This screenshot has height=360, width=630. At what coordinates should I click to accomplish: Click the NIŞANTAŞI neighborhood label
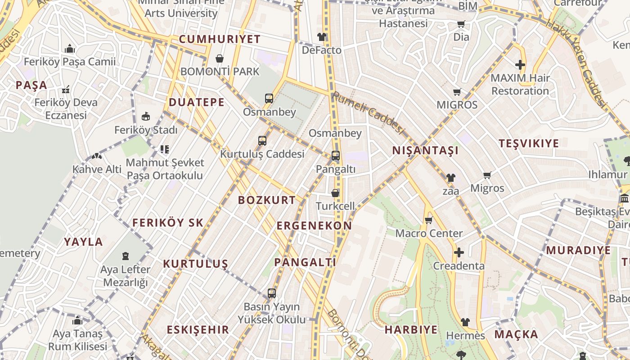425,150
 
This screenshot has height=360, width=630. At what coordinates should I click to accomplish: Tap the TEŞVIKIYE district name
529,144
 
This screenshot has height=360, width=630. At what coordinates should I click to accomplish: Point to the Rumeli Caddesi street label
369,112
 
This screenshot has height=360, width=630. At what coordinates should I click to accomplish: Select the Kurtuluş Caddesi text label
262,154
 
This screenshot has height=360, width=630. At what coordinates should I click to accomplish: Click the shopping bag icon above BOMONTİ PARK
220,58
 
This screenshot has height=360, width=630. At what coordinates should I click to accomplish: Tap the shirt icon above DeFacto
321,37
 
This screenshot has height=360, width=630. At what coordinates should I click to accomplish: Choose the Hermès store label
465,336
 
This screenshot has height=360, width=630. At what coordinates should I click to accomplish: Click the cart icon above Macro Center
428,220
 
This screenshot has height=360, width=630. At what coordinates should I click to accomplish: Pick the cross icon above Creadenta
459,252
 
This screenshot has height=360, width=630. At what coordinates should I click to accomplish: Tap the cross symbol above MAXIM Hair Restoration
520,65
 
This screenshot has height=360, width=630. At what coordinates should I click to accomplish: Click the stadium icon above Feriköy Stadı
146,117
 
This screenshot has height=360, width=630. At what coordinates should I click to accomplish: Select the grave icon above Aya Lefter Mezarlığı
126,256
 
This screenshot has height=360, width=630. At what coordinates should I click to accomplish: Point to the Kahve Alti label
97,169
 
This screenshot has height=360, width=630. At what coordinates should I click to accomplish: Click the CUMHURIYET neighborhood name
220,39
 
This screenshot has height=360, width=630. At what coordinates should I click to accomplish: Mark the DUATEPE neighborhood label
197,102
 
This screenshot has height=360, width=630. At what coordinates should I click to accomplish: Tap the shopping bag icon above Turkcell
335,193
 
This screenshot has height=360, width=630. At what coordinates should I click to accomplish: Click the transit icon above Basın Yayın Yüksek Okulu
271,293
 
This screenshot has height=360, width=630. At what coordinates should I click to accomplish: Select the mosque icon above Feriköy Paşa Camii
70,49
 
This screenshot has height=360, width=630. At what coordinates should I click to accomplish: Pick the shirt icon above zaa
451,178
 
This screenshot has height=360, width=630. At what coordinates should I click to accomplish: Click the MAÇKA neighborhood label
516,334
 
